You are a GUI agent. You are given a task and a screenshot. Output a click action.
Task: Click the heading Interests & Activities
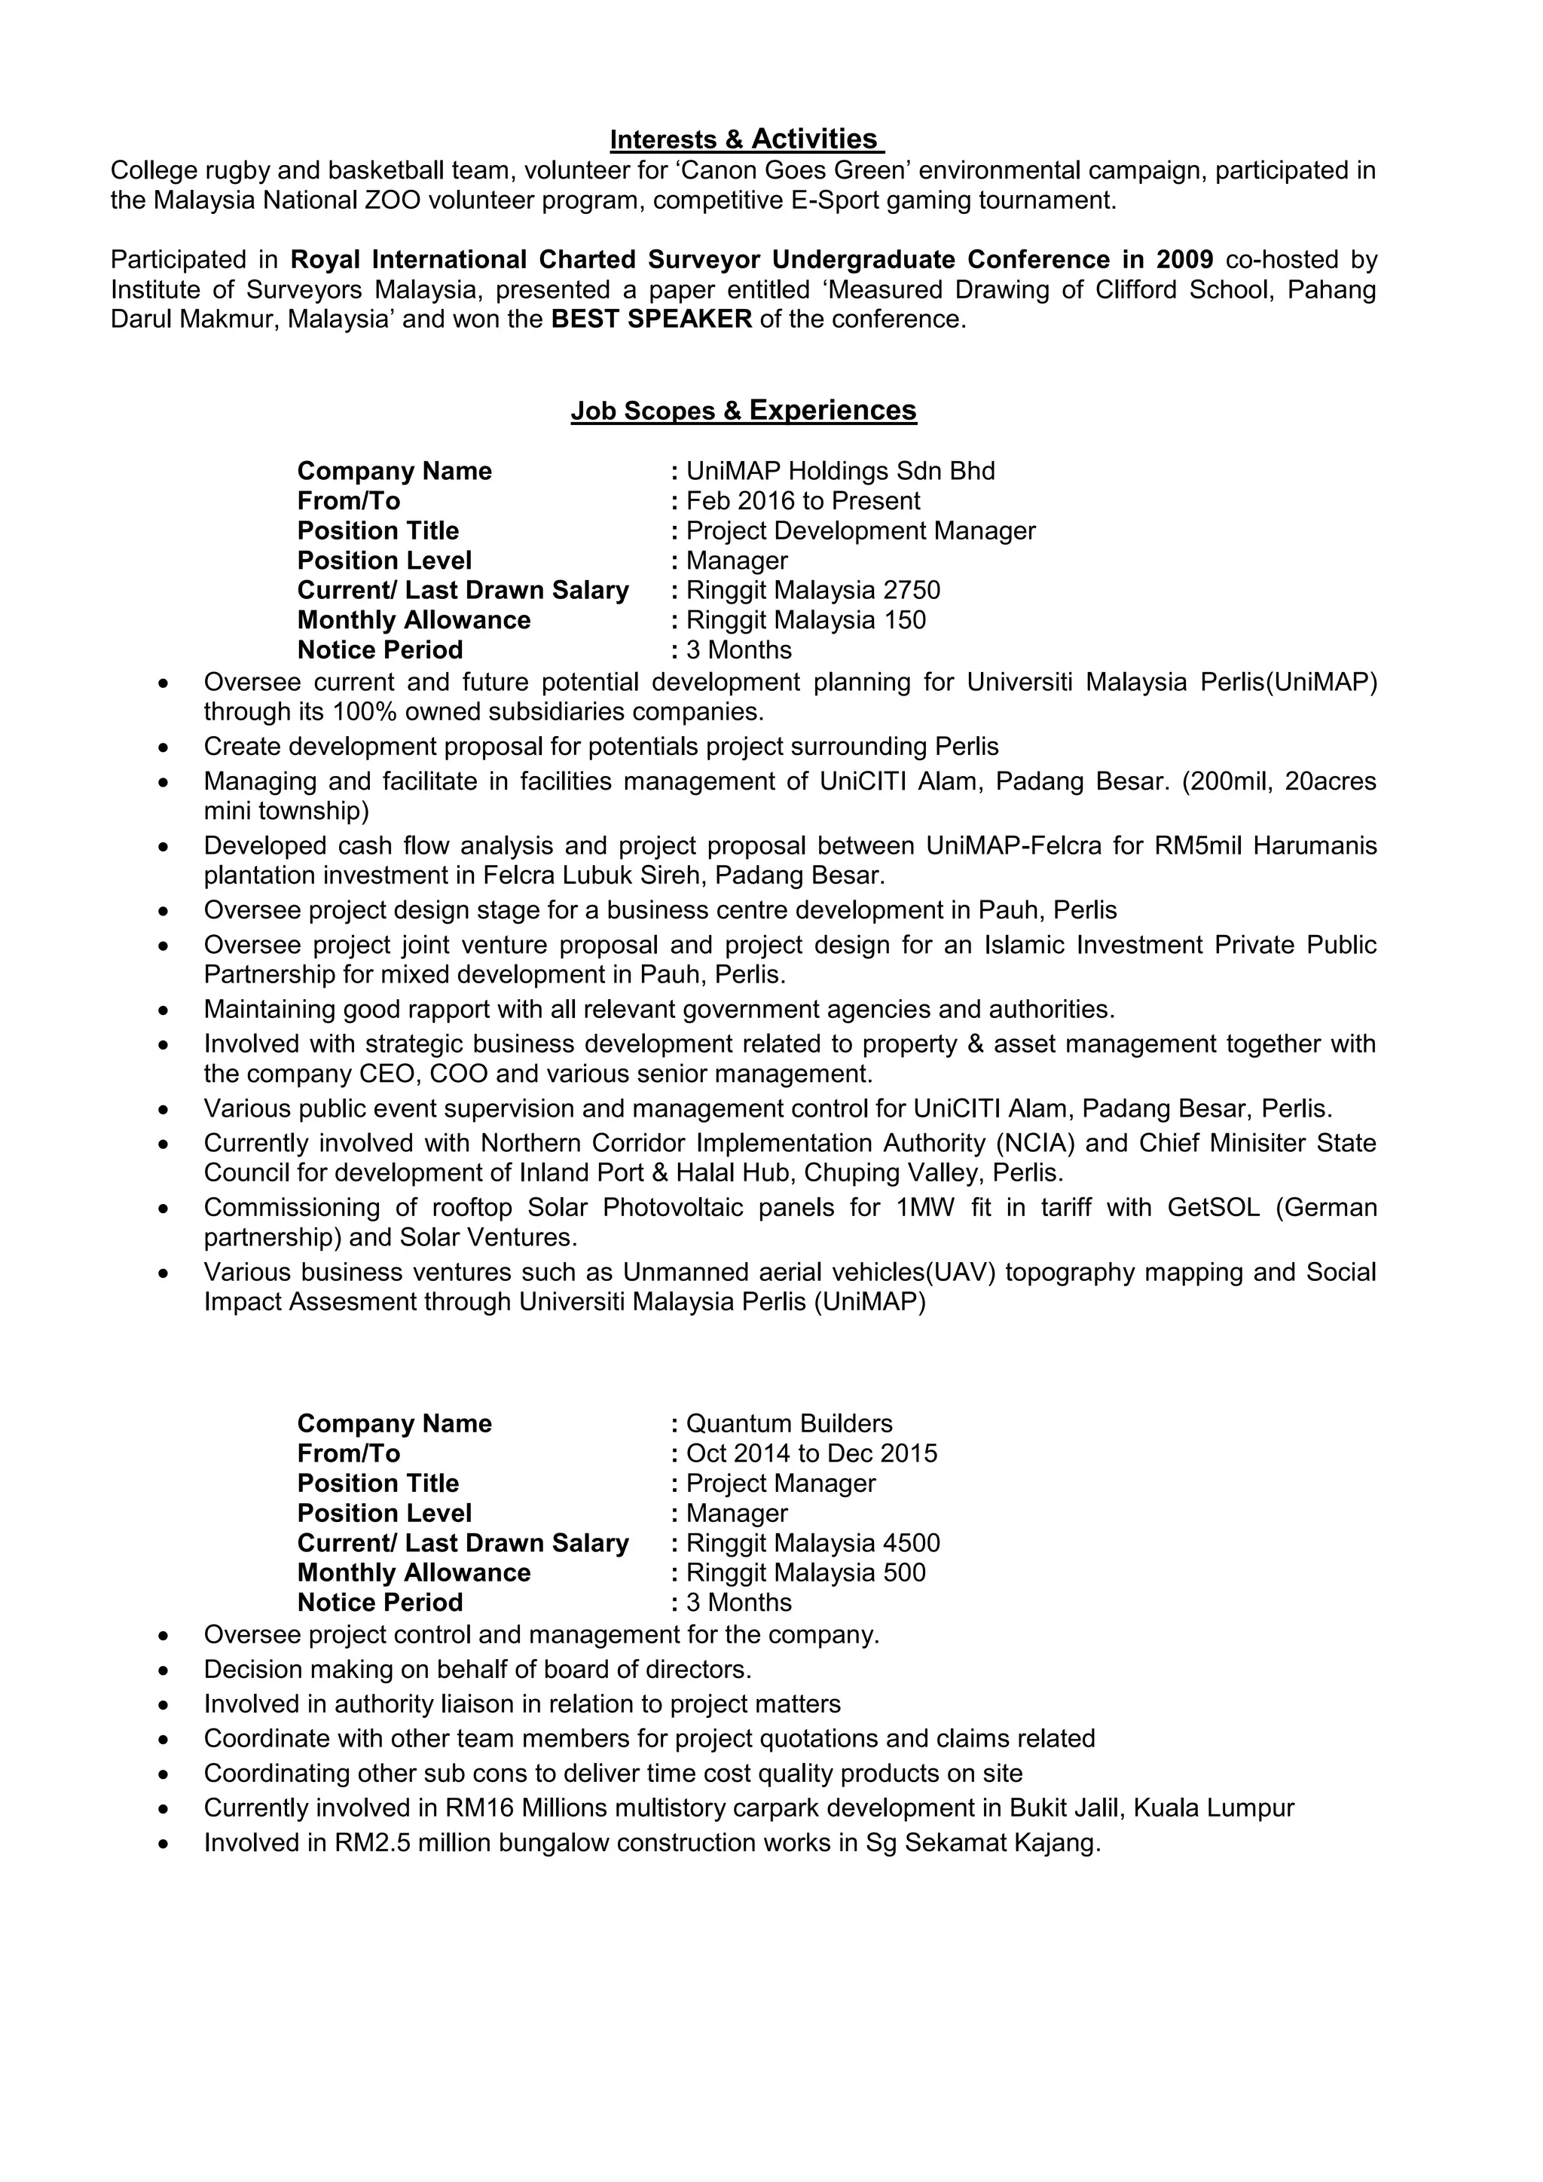tap(746, 139)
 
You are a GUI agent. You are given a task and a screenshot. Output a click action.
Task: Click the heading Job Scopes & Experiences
tap(743, 411)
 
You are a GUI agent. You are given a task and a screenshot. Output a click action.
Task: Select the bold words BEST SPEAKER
tap(652, 319)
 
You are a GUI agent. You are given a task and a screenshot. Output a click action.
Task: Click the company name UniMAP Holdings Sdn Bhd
tap(840, 472)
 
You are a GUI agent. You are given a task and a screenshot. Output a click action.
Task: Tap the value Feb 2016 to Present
tap(803, 501)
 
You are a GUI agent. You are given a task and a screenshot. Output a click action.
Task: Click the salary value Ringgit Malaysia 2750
tap(812, 590)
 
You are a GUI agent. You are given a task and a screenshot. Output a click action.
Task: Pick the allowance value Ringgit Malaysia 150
tap(805, 619)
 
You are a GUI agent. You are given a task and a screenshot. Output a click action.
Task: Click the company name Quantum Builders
tap(789, 1423)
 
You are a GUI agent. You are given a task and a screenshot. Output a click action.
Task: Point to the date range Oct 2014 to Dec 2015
tap(811, 1453)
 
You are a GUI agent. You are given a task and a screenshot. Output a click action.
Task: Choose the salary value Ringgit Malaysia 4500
tap(812, 1542)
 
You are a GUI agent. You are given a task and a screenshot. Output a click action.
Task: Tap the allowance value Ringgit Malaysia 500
tap(805, 1572)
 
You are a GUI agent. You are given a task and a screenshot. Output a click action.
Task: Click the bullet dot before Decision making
tap(164, 1670)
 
